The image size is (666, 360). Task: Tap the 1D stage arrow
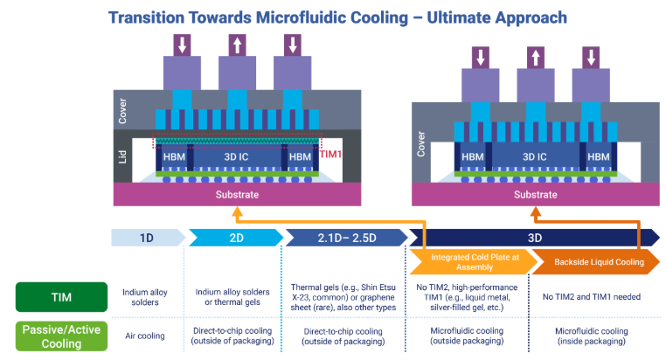click(147, 236)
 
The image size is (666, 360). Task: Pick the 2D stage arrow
click(235, 236)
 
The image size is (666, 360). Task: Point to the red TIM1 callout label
click(330, 153)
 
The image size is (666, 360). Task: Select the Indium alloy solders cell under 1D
click(145, 297)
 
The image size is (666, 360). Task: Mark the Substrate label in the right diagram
click(535, 194)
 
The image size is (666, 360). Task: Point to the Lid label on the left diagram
click(123, 156)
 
